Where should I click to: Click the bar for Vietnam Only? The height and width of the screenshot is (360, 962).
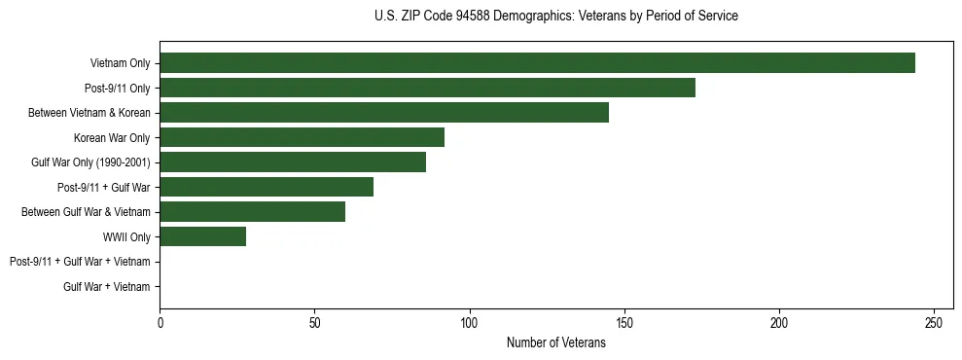click(537, 63)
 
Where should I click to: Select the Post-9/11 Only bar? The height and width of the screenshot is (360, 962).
click(427, 88)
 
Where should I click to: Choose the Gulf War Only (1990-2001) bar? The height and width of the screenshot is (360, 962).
click(293, 162)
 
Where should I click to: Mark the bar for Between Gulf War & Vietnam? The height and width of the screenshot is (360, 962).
click(252, 212)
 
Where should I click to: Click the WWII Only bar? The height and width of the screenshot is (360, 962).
click(202, 236)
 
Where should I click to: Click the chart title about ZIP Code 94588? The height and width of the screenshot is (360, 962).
click(555, 17)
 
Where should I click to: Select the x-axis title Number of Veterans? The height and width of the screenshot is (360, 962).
click(555, 342)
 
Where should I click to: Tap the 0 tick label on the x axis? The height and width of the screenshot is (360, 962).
click(160, 323)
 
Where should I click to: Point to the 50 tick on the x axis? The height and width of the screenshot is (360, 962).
click(314, 323)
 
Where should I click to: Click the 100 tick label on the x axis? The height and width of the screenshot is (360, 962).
click(469, 323)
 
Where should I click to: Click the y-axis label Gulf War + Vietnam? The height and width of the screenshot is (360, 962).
click(106, 286)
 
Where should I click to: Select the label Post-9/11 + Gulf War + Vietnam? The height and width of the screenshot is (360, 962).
click(80, 262)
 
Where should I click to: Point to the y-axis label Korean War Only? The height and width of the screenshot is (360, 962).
click(112, 137)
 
